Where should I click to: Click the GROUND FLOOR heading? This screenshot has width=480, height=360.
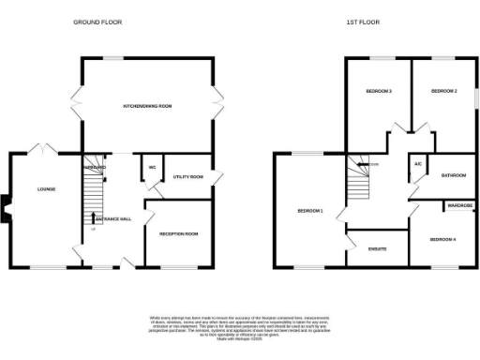[97, 22]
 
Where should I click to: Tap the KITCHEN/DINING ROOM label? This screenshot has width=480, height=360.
[148, 107]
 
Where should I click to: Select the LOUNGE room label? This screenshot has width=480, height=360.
[47, 189]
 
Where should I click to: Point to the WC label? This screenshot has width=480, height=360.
[150, 168]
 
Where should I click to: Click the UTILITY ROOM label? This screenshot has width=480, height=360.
[188, 175]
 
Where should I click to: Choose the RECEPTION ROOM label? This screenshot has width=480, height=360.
[178, 233]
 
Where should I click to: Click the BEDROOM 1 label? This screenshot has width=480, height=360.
[310, 211]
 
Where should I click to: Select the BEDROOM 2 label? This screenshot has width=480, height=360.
[442, 91]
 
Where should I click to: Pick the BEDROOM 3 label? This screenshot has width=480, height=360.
[379, 91]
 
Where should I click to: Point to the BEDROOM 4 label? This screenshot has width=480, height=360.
[442, 240]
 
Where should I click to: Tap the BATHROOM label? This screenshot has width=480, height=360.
[455, 175]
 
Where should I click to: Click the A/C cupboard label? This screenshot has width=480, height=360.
[417, 164]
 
